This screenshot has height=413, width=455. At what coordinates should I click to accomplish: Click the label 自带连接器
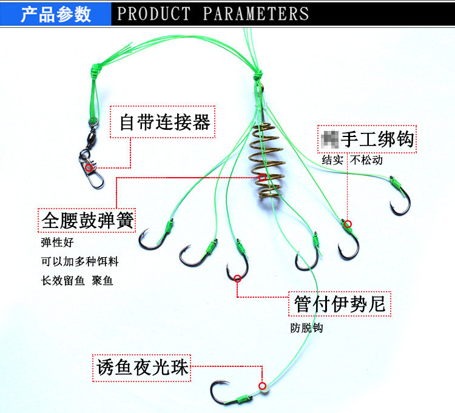pos(164,123)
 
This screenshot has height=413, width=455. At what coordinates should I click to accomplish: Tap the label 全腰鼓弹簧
pos(87,220)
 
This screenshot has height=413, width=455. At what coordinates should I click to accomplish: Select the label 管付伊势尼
pos(339,303)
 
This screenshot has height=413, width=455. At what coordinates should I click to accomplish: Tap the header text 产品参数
pos(56,14)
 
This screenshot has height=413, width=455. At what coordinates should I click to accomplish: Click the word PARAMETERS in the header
pos(255,14)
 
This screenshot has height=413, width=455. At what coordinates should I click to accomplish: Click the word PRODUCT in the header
pos(154,14)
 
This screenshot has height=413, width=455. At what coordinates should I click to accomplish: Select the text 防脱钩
pos(306,328)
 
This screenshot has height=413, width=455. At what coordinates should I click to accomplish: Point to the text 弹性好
pos(57,243)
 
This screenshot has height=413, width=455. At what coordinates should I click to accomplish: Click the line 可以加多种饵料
pos(79,262)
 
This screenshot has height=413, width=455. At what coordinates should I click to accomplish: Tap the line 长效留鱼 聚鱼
pos(77,281)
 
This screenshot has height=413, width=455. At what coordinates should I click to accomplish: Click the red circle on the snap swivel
pos(89,167)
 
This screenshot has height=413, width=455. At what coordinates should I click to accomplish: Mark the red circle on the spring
pos(262,177)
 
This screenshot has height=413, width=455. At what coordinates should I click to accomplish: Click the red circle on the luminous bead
pos(262,386)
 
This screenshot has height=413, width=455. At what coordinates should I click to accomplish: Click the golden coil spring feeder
pos(265,163)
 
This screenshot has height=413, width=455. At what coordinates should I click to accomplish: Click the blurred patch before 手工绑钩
pos(329,139)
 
